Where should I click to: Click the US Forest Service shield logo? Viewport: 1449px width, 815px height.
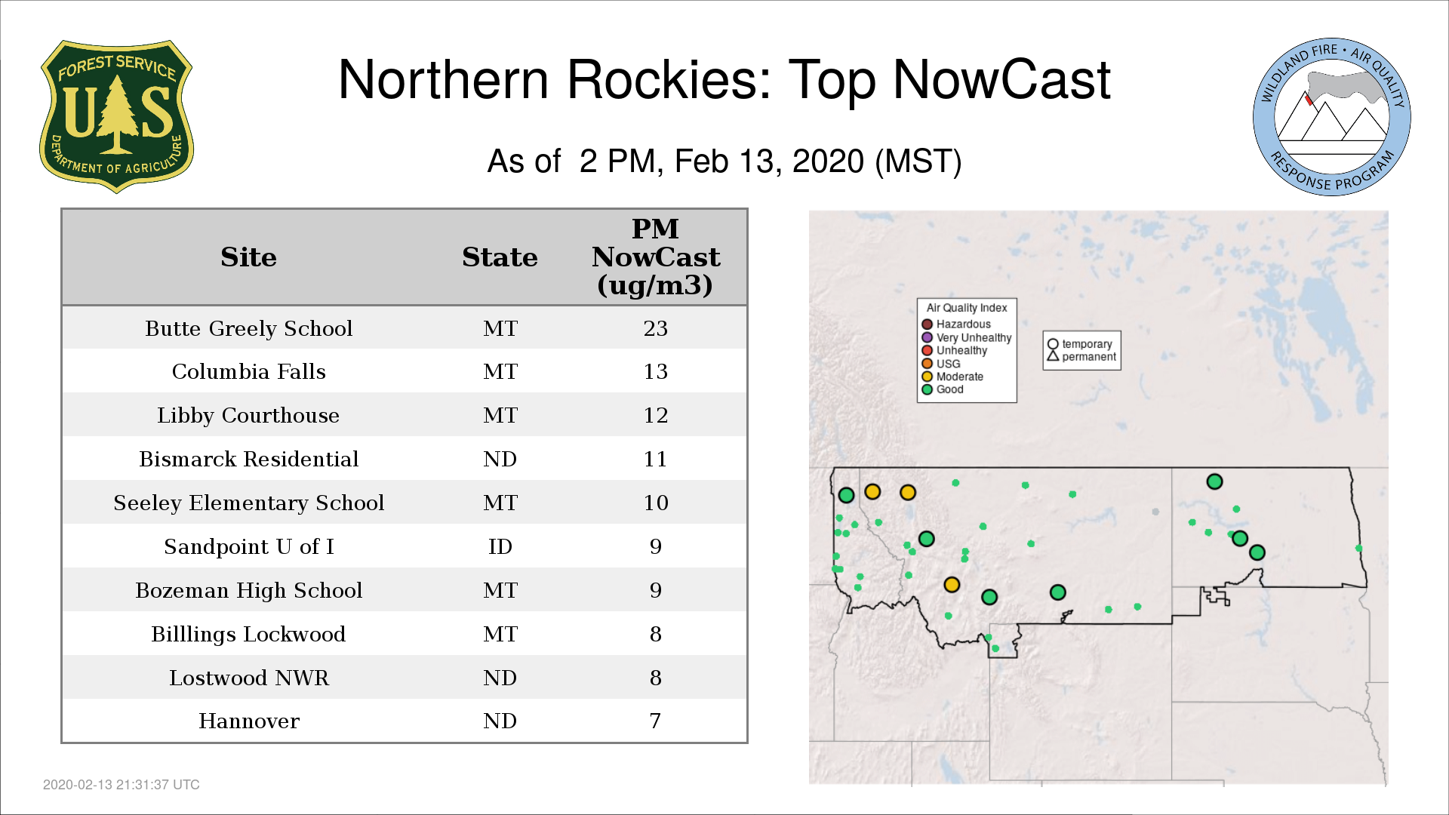[x=116, y=116]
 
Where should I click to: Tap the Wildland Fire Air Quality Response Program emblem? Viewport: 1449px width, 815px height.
[x=1332, y=117]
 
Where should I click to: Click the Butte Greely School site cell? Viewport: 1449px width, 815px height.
[x=249, y=329]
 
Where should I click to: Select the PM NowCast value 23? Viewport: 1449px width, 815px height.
[x=656, y=329]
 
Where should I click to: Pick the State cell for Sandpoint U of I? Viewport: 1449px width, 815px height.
[x=500, y=546]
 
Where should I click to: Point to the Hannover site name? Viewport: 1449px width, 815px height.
[x=249, y=721]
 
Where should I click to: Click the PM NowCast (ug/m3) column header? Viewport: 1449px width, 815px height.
[x=656, y=257]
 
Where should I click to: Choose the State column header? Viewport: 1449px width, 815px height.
[x=500, y=257]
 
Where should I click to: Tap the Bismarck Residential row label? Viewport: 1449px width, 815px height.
[x=249, y=459]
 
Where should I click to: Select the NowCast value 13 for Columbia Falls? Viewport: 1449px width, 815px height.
[x=656, y=372]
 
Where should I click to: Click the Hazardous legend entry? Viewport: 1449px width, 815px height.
[x=956, y=324]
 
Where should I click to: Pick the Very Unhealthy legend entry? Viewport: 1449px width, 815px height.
[x=967, y=337]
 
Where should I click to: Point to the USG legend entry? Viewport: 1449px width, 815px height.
[x=941, y=364]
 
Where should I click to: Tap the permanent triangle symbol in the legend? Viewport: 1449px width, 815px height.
[x=1053, y=355]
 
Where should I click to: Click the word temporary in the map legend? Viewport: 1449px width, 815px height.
[x=1087, y=344]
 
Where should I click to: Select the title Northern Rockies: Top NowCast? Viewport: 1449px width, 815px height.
[x=724, y=80]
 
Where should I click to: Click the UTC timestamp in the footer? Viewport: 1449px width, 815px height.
[x=122, y=785]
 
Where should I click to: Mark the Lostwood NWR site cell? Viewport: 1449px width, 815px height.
[x=249, y=678]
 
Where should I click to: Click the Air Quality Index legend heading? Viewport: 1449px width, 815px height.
[x=967, y=308]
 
